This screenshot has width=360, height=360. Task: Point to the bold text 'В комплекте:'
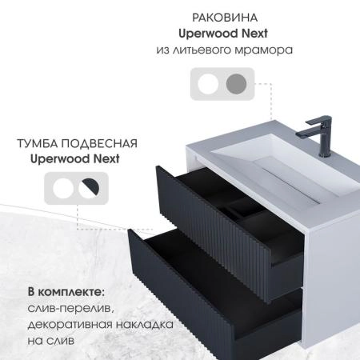(x=66, y=289)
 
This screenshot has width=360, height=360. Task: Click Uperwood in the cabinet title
(x=58, y=158)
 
